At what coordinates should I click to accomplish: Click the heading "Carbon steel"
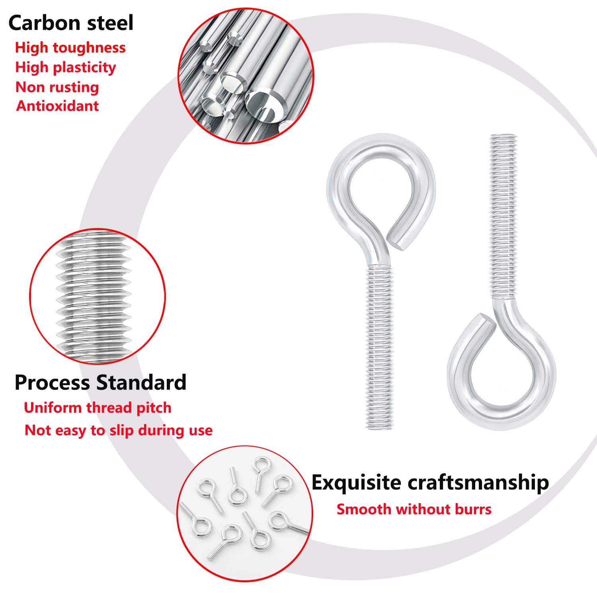point(71,23)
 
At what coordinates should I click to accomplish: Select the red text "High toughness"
point(70,48)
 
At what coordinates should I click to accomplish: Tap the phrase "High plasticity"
point(66,67)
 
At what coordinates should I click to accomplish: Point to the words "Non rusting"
point(57,87)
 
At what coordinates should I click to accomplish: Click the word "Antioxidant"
point(58,106)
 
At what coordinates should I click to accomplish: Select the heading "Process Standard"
point(101,382)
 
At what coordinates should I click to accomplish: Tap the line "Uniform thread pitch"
point(98,408)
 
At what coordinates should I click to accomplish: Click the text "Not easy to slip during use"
point(119,430)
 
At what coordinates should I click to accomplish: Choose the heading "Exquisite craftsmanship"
point(430,483)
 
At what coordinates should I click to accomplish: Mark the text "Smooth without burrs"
point(414,509)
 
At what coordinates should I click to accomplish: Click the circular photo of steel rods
point(246,76)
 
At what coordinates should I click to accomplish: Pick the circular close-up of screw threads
point(98,297)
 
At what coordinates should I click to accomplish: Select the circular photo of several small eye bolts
point(245,513)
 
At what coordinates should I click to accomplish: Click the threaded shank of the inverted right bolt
point(503,217)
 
